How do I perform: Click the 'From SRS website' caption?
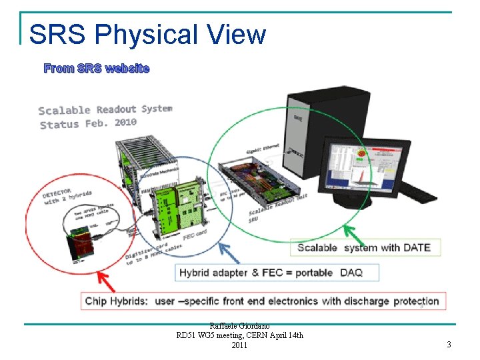click(97, 68)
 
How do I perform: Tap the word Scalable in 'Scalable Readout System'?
click(65, 111)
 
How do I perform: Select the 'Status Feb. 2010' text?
click(88, 123)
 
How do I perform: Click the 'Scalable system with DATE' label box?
click(364, 248)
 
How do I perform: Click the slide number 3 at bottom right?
click(449, 345)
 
